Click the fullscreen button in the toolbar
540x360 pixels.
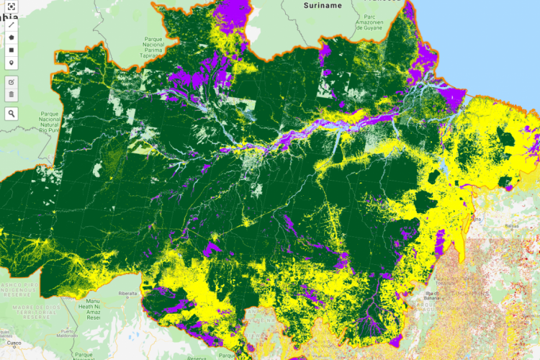click(12, 6)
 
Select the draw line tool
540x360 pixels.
click(12, 24)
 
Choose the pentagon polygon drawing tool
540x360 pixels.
click(12, 37)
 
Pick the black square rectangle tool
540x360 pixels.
click(12, 50)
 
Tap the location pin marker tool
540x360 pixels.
click(12, 63)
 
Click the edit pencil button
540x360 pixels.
click(12, 81)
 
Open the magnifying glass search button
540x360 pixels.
click(12, 113)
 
